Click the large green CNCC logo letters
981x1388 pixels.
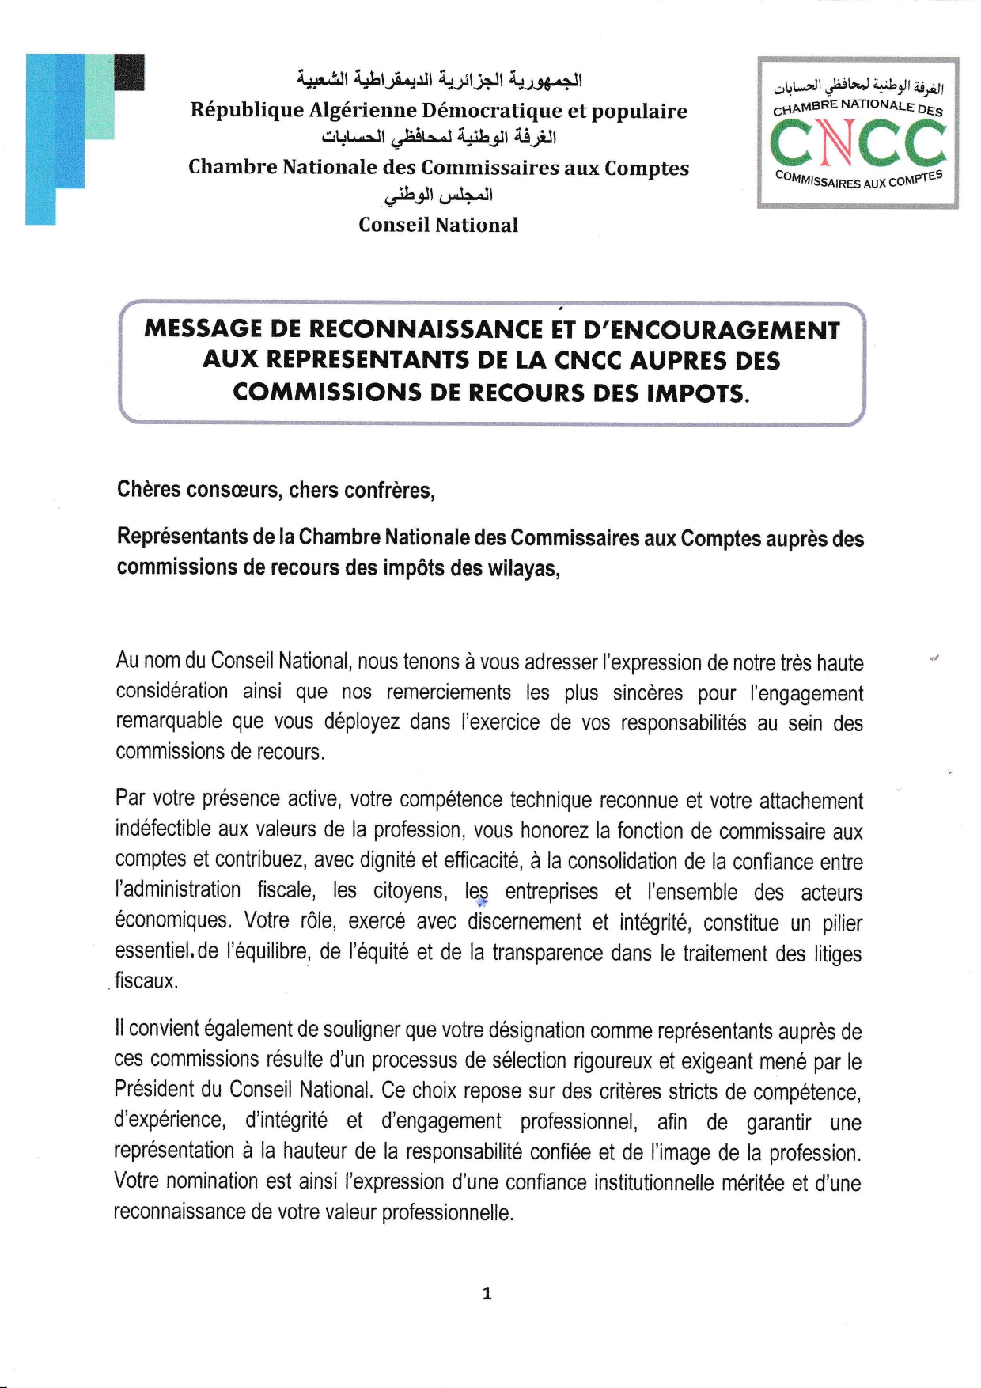[858, 143]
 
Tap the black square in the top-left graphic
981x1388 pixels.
[129, 71]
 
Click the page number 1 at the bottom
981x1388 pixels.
[487, 1293]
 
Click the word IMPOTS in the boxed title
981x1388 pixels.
[697, 393]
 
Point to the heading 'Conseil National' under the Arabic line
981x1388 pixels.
[438, 225]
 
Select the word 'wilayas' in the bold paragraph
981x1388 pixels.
[520, 567]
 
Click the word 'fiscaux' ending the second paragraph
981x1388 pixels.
[146, 981]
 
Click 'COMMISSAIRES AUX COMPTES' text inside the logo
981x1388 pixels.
[858, 180]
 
